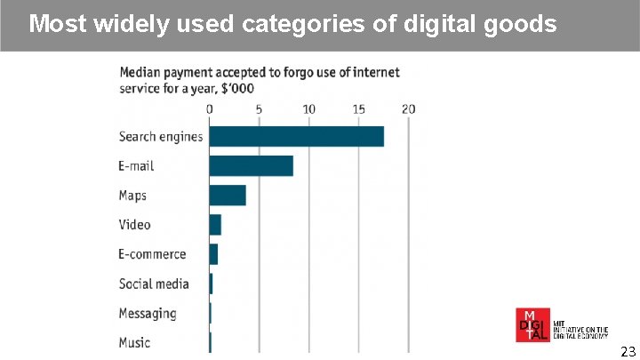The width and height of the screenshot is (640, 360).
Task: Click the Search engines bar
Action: (x=297, y=136)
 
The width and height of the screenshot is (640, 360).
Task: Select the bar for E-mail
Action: (x=252, y=165)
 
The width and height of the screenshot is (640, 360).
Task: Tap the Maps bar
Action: (x=228, y=196)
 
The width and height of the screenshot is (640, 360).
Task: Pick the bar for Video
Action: (x=215, y=225)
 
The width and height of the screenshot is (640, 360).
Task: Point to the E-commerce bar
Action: (x=213, y=254)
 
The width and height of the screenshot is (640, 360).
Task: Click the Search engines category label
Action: (x=161, y=137)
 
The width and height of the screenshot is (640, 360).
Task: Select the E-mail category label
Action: (x=136, y=166)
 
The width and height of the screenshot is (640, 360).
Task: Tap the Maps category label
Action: (x=132, y=196)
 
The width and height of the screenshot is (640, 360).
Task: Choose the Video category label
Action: (x=134, y=225)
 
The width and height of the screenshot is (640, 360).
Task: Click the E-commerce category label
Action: (x=152, y=254)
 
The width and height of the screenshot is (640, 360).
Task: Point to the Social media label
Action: (x=154, y=284)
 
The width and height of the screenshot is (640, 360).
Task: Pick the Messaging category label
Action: (x=148, y=313)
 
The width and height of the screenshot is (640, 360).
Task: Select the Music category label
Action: (x=134, y=342)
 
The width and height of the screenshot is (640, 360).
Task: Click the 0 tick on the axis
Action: (x=210, y=109)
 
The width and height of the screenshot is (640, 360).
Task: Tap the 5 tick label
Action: (x=259, y=109)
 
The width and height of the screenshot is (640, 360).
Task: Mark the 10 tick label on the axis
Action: (x=308, y=109)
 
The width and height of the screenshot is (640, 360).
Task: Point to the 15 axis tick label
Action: (x=358, y=109)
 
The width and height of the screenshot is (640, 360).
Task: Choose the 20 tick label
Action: (x=408, y=109)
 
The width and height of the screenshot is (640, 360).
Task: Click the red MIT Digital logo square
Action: (x=532, y=324)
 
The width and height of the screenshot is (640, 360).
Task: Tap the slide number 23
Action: (x=628, y=350)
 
